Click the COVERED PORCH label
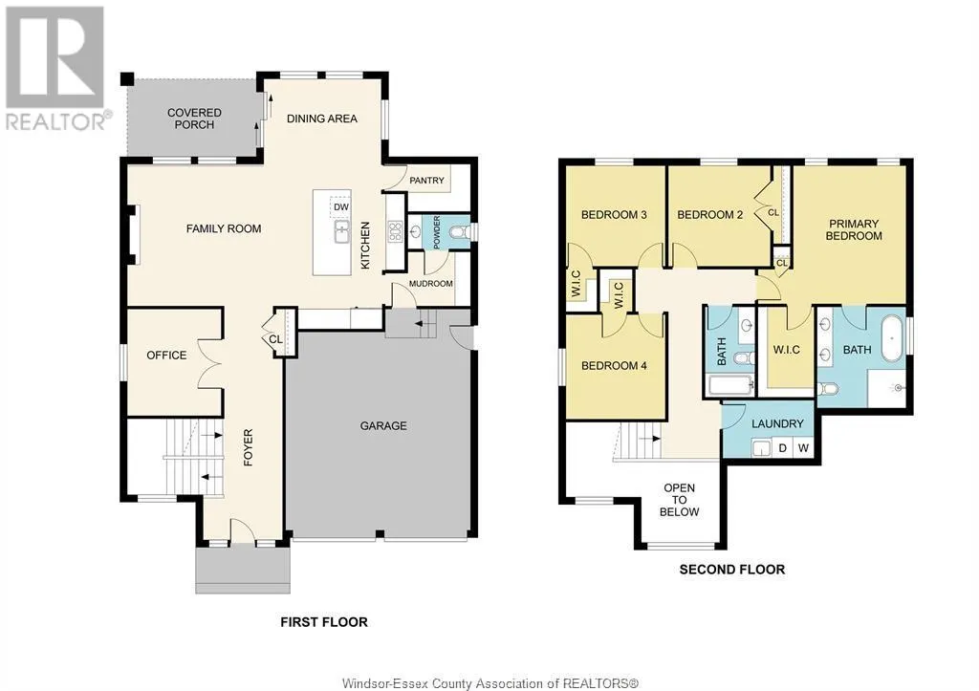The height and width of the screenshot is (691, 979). (194, 119)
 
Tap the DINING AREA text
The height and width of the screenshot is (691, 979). (322, 119)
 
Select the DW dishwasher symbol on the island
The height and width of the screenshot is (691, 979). (340, 206)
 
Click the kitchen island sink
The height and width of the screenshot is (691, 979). (340, 230)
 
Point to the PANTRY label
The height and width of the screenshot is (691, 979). (427, 181)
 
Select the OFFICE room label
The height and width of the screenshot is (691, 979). (166, 356)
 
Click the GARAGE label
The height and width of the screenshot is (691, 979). (383, 425)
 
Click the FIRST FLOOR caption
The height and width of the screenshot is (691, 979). (323, 622)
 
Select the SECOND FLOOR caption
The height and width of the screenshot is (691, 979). (731, 570)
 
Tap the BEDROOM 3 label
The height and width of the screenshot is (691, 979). (615, 215)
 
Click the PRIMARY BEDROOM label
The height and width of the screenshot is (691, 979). (854, 229)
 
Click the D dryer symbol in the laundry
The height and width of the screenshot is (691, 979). (782, 447)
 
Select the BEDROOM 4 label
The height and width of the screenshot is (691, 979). (608, 365)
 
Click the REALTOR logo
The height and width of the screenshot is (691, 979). (56, 67)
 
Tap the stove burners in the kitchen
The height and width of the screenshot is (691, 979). (393, 230)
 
